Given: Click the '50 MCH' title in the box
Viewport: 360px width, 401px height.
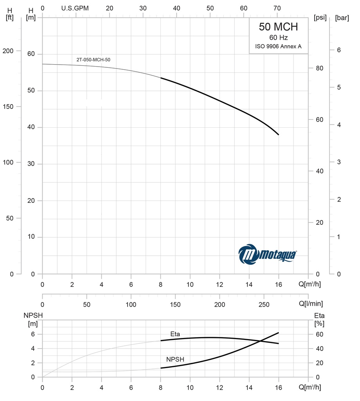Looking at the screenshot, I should [x=278, y=27].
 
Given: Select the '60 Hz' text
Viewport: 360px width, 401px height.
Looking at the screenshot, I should [x=278, y=38].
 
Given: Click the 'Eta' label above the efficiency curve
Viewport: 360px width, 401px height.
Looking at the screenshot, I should [x=175, y=334].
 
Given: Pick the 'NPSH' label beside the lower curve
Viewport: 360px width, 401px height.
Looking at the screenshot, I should [x=175, y=359].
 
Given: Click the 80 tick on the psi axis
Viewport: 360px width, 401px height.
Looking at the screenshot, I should [x=319, y=68].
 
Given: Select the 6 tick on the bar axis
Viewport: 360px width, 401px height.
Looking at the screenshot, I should [x=339, y=50].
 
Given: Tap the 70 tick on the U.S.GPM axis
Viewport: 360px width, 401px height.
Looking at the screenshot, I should [x=277, y=8].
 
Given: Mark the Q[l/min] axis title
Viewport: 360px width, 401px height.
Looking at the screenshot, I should [x=311, y=304].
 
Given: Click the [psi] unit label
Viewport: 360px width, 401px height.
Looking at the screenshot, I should [x=320, y=18].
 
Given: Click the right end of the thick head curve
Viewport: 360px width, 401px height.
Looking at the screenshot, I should [x=279, y=135].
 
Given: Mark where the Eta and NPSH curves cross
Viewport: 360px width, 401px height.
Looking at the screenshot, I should [x=260, y=341].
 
